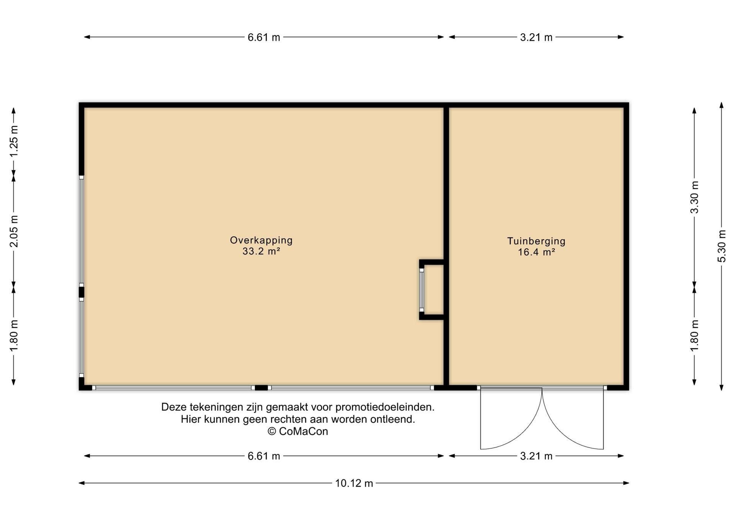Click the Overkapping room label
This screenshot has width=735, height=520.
pyautogui.click(x=261, y=240)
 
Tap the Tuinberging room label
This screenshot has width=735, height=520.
pyautogui.click(x=536, y=241)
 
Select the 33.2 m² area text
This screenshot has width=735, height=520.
pyautogui.click(x=261, y=252)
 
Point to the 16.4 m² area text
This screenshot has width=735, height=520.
pyautogui.click(x=536, y=252)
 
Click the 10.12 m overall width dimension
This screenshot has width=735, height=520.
pyautogui.click(x=354, y=483)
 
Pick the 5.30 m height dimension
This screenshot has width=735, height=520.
pyautogui.click(x=722, y=246)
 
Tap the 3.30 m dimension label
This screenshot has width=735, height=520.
pyautogui.click(x=694, y=197)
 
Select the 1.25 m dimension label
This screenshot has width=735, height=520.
pyautogui.click(x=14, y=141)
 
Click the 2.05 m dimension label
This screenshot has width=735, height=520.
pyautogui.click(x=14, y=231)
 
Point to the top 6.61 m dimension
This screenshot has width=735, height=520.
pyautogui.click(x=264, y=37)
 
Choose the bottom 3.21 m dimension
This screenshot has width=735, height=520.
pyautogui.click(x=536, y=456)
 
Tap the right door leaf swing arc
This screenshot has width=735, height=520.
pyautogui.click(x=559, y=433)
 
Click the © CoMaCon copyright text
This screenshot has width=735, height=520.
pyautogui.click(x=298, y=432)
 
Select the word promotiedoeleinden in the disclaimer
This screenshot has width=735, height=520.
pyautogui.click(x=385, y=407)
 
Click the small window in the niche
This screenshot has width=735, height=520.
pyautogui.click(x=422, y=290)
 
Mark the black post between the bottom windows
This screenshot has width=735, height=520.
pyautogui.click(x=261, y=388)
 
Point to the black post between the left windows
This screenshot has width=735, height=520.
pyautogui.click(x=82, y=292)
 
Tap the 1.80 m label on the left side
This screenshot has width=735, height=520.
pyautogui.click(x=14, y=336)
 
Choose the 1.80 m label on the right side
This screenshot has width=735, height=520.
pyautogui.click(x=694, y=336)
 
